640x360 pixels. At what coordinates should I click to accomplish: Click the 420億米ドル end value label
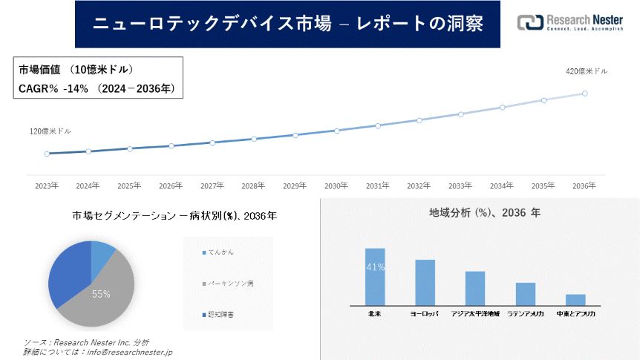coord(587,71)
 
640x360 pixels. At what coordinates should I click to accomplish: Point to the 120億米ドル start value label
coord(50,131)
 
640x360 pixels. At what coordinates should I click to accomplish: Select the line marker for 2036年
coord(585,94)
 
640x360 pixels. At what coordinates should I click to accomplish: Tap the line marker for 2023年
coord(47,154)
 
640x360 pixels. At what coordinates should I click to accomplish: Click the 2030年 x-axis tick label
coord(336,186)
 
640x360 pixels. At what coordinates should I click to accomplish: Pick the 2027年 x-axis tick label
coord(212,186)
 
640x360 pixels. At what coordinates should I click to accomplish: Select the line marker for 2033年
coord(461,114)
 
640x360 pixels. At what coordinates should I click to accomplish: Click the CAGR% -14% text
coord(53,88)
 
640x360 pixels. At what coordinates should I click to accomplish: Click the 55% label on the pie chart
coord(101,294)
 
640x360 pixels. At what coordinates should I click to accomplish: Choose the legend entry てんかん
coord(221,252)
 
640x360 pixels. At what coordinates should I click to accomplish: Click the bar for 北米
coord(375,276)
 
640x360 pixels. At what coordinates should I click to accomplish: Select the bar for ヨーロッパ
coord(425,282)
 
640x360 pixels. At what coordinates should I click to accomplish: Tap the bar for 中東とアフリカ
coord(575,299)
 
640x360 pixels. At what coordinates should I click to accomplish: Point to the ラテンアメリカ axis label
coord(525,314)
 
